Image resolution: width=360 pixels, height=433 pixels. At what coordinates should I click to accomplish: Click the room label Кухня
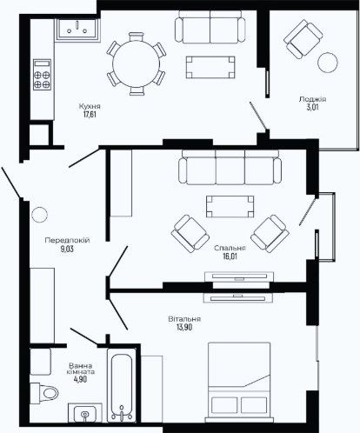(x=90, y=106)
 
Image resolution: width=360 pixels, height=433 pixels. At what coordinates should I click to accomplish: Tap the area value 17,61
(x=90, y=114)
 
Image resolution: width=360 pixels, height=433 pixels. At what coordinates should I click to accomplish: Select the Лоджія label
(x=312, y=99)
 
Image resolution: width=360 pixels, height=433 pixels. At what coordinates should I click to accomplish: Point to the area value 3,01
(x=312, y=107)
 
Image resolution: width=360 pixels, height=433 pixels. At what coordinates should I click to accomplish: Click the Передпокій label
(x=67, y=240)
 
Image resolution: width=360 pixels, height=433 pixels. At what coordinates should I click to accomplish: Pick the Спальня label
(x=230, y=249)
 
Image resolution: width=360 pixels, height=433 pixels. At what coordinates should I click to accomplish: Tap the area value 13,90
(x=184, y=327)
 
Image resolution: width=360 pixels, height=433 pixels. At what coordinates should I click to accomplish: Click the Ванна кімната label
(x=80, y=369)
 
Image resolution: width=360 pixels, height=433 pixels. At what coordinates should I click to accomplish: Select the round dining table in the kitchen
(x=136, y=63)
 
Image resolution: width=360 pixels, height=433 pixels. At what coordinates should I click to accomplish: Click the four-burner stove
(x=42, y=75)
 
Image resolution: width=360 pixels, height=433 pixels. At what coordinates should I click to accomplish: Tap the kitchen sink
(x=77, y=29)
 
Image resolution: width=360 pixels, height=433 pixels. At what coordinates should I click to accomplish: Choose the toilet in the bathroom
(x=44, y=393)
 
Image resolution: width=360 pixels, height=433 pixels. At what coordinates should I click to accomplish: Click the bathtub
(x=122, y=384)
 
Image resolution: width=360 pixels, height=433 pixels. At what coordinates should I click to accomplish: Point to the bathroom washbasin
(x=85, y=413)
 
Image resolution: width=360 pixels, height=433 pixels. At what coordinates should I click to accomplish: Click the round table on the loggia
(x=328, y=63)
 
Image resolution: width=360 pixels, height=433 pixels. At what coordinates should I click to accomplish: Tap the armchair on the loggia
(x=303, y=39)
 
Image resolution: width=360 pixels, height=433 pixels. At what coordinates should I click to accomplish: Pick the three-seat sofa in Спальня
(x=230, y=167)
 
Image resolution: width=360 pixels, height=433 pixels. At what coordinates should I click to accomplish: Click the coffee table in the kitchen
(x=210, y=67)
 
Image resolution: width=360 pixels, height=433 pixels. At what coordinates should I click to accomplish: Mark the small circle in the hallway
(x=39, y=215)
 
